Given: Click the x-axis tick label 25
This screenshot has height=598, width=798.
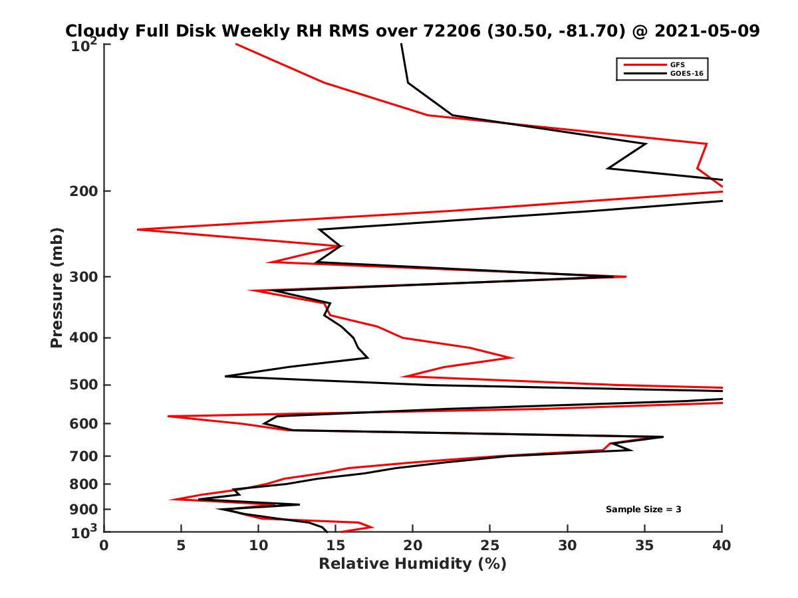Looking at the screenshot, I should pyautogui.click(x=490, y=546).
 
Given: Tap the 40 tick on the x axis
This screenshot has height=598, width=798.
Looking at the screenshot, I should pyautogui.click(x=722, y=546).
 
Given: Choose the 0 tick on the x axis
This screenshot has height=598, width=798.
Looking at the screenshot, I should pyautogui.click(x=104, y=546).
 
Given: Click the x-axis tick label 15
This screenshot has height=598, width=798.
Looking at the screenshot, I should pyautogui.click(x=336, y=546).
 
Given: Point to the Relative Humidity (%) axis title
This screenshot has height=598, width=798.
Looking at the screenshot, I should pyautogui.click(x=412, y=564).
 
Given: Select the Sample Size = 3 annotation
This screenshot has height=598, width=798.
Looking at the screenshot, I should pyautogui.click(x=643, y=509).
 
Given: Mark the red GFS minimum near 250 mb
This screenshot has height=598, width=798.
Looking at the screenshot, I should pyautogui.click(x=138, y=229).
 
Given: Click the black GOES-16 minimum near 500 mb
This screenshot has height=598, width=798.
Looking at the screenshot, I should pyautogui.click(x=226, y=376).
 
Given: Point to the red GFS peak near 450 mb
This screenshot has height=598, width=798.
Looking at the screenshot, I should pyautogui.click(x=512, y=357).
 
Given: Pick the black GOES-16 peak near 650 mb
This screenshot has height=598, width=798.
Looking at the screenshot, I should pyautogui.click(x=662, y=437).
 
